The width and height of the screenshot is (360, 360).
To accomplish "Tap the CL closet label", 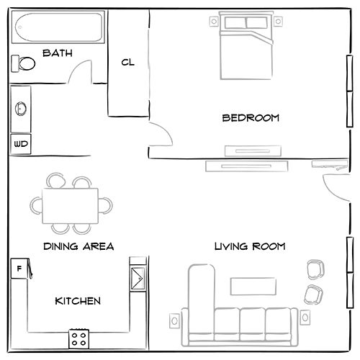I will pos(128,62).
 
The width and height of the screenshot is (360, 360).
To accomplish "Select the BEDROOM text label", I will pos(250,118).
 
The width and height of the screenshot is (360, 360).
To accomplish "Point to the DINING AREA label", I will pos(78,246).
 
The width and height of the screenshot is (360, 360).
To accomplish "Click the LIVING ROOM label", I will pos(250,246).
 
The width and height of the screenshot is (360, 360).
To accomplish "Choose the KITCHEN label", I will pos(78,301).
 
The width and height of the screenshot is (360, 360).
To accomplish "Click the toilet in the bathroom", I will pos(24,64).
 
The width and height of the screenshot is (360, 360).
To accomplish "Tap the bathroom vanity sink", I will pos(21,109).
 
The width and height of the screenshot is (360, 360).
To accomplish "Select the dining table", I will pos(71,204).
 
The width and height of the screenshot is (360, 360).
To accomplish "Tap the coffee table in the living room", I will pos(253,286).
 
